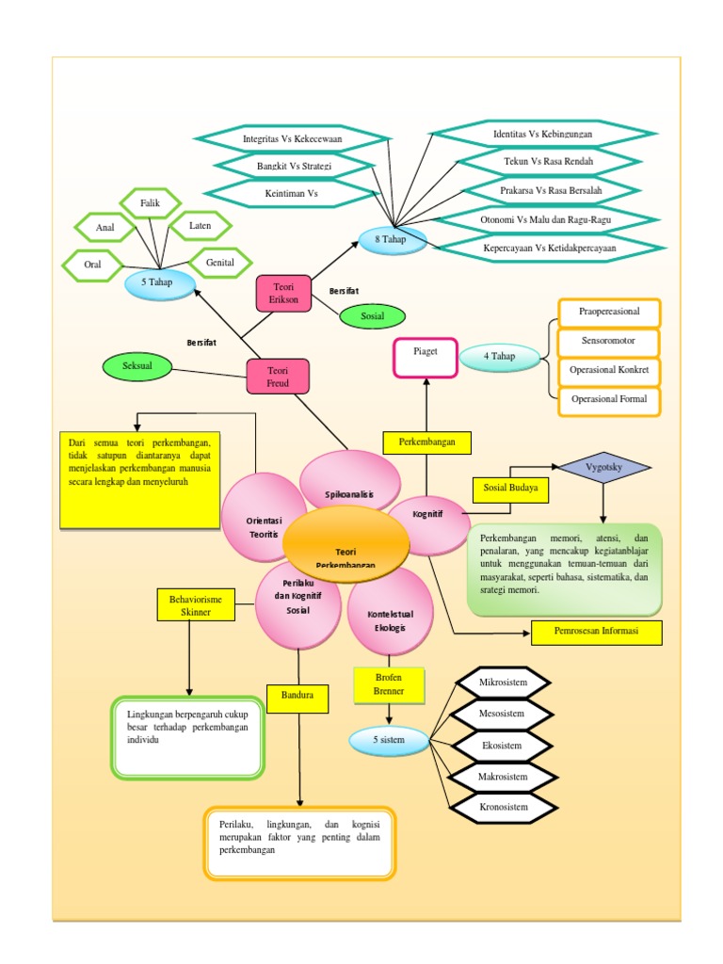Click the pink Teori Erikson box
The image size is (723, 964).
tap(283, 293)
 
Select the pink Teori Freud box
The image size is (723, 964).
tap(279, 377)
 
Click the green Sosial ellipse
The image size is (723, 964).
tap(372, 316)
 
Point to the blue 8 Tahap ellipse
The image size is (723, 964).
tap(393, 239)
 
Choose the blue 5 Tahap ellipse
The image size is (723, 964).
tap(159, 282)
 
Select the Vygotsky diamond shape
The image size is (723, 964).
tap(603, 466)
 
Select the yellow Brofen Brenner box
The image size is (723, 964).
tap(381, 684)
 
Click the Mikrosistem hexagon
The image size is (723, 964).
tap(501, 682)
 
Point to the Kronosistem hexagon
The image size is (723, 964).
tap(501, 807)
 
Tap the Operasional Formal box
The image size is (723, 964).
tap(608, 399)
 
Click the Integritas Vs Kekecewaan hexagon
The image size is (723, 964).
tap(292, 138)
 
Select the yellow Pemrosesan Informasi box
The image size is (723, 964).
tap(596, 632)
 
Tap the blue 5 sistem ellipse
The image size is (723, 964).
tap(388, 741)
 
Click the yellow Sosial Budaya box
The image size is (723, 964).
tap(511, 490)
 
